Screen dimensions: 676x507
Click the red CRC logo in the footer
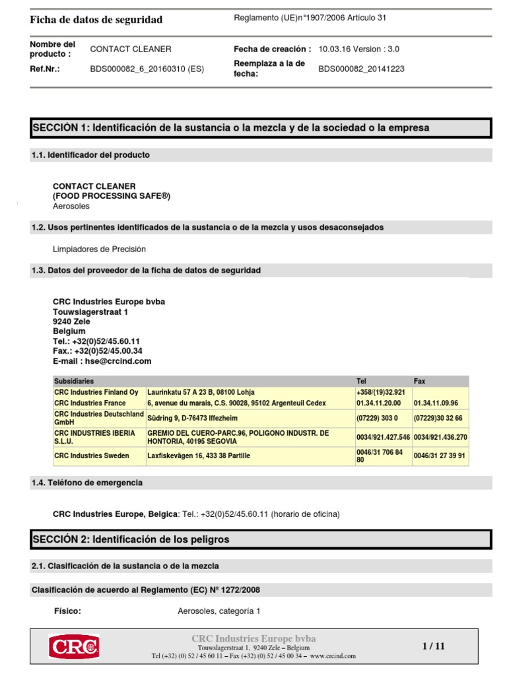[73, 646]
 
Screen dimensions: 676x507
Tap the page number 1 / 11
[434, 646]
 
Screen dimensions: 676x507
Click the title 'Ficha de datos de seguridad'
[96, 20]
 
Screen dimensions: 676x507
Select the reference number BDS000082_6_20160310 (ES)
[147, 68]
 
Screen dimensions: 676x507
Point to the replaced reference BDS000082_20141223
[361, 68]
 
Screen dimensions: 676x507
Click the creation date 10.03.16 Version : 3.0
[358, 49]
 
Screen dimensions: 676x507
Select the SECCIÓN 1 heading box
[261, 128]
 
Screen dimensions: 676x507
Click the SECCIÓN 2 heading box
[261, 539]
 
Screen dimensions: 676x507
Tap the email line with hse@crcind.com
[102, 361]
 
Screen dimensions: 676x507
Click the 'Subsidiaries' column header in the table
[74, 381]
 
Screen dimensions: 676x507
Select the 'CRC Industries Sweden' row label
[92, 456]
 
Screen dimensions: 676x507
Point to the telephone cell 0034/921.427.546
[383, 437]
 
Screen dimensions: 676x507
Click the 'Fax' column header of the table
[420, 381]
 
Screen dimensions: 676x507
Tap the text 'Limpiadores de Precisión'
[99, 249]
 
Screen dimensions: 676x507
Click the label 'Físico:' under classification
[67, 611]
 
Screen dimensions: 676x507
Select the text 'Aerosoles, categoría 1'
[219, 611]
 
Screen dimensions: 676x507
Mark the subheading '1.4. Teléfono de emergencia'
[87, 483]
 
